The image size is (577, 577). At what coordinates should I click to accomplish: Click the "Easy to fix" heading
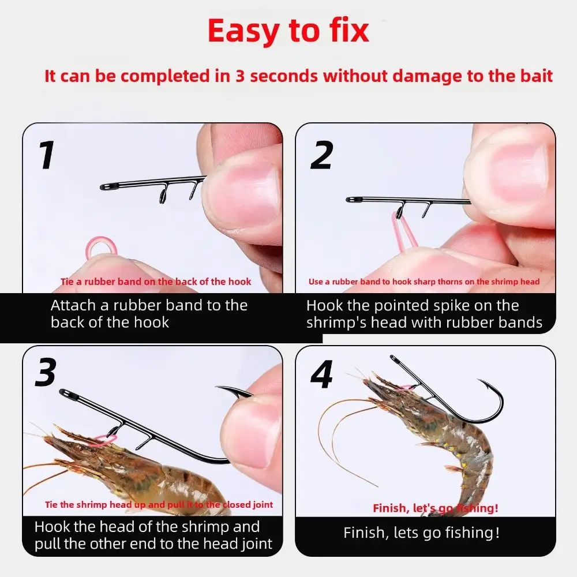point(288,32)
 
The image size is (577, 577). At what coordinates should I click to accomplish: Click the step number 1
point(47,155)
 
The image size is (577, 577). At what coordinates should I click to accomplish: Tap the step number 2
point(322,155)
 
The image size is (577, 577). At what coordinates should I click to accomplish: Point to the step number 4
point(322,374)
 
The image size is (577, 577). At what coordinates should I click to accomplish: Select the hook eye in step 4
point(394,359)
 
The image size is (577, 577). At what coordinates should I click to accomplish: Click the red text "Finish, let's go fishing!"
point(436,508)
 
